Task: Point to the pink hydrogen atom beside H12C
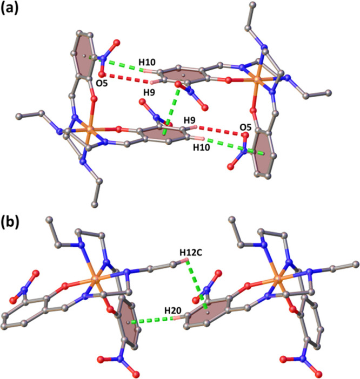pos(186,263)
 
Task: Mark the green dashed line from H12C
pos(195,283)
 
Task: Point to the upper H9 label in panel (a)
pos(148,93)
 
